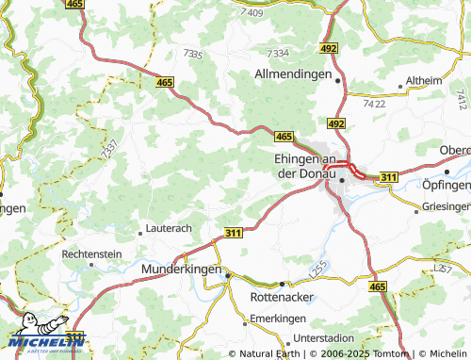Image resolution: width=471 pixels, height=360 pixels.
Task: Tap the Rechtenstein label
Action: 91,254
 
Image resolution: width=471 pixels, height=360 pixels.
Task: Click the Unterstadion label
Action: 324,337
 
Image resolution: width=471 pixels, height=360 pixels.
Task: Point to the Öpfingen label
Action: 447,184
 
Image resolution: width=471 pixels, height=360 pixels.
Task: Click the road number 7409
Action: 252,11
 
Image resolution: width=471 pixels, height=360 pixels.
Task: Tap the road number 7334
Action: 279,53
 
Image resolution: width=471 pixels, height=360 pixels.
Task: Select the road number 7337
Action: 109,148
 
